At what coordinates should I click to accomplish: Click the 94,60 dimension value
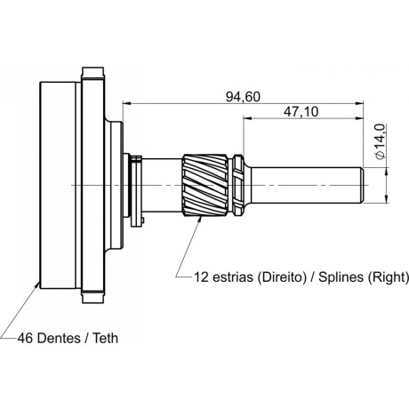click(243, 97)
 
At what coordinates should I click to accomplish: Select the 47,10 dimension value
click(301, 112)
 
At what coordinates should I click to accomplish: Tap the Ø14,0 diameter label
click(380, 141)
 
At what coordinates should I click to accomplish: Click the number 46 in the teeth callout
click(25, 338)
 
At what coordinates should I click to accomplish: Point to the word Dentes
click(60, 338)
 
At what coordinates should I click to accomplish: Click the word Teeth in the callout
click(106, 338)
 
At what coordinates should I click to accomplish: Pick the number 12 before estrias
click(202, 277)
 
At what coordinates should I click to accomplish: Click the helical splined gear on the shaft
click(205, 185)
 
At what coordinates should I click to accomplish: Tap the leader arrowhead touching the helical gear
click(200, 220)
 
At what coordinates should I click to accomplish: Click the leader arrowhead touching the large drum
click(37, 285)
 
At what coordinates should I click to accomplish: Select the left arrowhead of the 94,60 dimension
click(126, 103)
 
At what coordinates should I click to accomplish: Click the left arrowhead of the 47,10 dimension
click(247, 118)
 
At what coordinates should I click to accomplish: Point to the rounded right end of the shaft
click(362, 185)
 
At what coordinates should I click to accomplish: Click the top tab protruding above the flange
click(93, 71)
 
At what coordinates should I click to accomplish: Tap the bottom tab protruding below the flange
click(93, 299)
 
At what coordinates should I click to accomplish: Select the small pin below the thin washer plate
click(143, 221)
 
